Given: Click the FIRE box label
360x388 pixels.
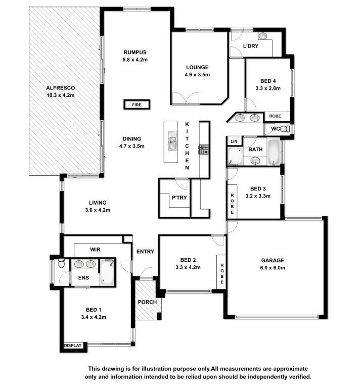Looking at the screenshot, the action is coord(137,105).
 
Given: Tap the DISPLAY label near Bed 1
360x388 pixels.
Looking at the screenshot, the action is coord(73,346).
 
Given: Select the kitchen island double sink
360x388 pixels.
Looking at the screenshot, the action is coord(173,140).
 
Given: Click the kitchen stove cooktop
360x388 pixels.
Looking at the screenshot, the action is coord(204,150).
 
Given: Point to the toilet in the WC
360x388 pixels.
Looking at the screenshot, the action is coord(285,129).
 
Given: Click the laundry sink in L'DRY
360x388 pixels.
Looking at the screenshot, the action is coord(262,36).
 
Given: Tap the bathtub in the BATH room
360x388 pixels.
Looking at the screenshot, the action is coord(274,152).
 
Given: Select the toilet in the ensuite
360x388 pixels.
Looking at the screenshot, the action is coord(61,264).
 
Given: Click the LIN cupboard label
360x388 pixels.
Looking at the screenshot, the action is coord(234,141).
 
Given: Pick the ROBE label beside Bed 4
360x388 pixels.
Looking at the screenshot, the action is coord(275,116).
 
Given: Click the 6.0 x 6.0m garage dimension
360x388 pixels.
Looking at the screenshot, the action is coord(273,268).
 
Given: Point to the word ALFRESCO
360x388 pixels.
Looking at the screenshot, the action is coord(60,88).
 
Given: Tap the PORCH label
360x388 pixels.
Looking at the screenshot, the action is coord(147,302).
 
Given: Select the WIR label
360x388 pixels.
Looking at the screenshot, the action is coord(96,250).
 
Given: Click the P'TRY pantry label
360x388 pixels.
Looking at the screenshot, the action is coord(179,198).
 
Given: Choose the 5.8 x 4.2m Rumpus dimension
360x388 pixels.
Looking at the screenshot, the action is coord(135,60).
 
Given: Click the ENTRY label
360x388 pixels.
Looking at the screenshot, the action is coord(145,252).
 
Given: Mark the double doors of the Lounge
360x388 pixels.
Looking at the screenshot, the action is coord(186,98).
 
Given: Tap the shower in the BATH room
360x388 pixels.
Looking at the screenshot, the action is coord(235,156).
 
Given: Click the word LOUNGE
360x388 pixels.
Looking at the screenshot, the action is coord(197,67).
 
